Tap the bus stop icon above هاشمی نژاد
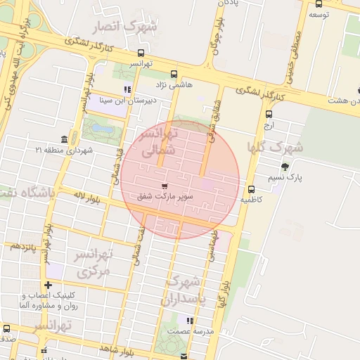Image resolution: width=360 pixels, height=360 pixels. (174, 73)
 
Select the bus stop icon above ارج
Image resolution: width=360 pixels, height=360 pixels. (269, 114)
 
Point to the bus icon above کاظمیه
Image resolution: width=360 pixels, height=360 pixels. (251, 189)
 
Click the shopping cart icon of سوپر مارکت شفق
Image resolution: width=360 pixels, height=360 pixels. (165, 186)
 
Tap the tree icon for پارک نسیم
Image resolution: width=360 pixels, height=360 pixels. (284, 167)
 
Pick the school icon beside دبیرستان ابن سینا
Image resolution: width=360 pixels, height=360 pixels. (127, 89)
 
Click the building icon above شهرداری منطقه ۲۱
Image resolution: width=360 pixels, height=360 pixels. (65, 139)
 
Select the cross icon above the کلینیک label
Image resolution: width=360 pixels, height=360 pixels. (48, 285)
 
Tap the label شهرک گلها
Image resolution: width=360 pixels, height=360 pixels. (274, 148)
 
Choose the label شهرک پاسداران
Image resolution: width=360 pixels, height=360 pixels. (182, 290)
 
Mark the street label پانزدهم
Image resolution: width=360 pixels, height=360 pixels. (23, 246)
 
